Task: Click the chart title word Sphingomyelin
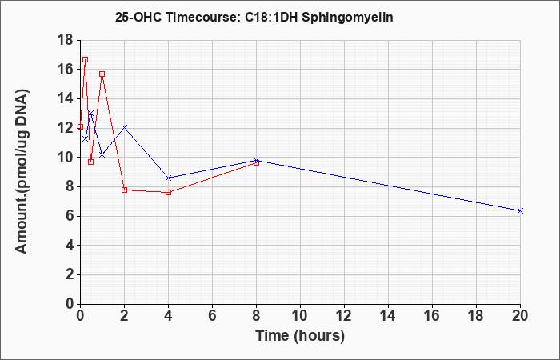(347, 17)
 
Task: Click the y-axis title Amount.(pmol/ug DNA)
(22, 172)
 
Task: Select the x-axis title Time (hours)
(300, 336)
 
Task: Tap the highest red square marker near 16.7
(85, 60)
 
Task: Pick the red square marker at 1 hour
(102, 74)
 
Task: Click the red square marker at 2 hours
(124, 190)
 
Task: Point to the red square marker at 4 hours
(169, 193)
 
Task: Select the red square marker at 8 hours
(257, 163)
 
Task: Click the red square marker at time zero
(80, 126)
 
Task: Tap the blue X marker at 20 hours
(520, 210)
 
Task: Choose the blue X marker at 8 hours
(257, 160)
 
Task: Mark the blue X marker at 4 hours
(169, 178)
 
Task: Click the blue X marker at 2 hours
(124, 127)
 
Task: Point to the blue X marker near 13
(90, 114)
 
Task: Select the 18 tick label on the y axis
(66, 40)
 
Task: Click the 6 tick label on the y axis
(70, 217)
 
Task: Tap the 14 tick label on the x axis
(388, 316)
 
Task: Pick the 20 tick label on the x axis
(520, 316)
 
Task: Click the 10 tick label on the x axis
(300, 316)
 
